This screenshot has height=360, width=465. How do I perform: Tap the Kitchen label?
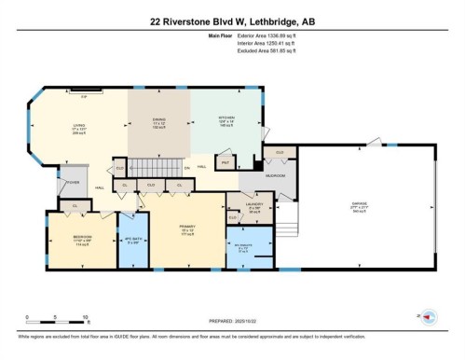click(221, 120)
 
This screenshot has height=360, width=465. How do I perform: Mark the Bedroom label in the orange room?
click(82, 239)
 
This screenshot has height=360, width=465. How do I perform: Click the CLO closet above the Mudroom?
click(278, 151)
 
